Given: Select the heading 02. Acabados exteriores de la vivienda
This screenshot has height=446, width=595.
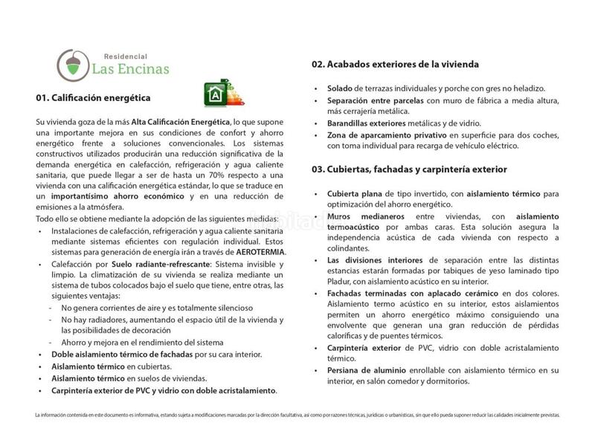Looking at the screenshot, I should [x=395, y=65].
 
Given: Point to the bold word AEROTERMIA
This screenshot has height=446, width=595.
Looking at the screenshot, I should [x=259, y=252].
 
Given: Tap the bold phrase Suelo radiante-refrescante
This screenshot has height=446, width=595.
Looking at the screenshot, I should [x=153, y=263].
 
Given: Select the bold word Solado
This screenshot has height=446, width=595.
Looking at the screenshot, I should [x=340, y=88].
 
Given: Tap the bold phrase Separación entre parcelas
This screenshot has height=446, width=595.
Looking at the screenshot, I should [x=375, y=100].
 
